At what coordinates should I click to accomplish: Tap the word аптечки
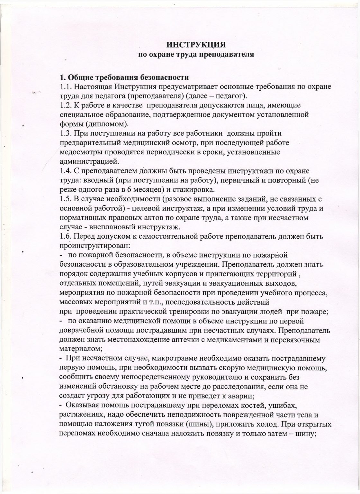200,340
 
